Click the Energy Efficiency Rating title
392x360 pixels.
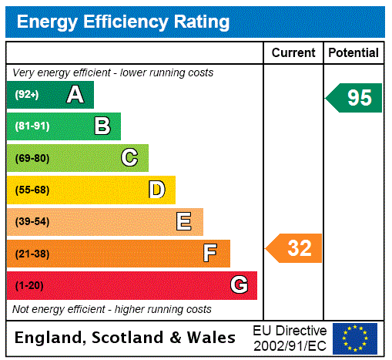tap(123, 22)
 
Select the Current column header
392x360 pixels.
tap(293, 53)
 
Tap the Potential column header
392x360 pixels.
tap(353, 53)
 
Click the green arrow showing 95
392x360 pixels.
tap(355, 98)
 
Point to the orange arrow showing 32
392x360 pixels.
tap(295, 248)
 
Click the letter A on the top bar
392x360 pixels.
tap(75, 95)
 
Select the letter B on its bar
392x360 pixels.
tap(102, 126)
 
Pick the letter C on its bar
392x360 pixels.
tap(129, 158)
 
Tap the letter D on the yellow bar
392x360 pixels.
tap(156, 190)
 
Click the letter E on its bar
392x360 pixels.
tap(184, 222)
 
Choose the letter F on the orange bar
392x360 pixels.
tap(210, 254)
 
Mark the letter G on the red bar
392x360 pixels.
tap(239, 285)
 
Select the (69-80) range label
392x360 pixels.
tap(32, 158)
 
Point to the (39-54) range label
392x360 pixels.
tap(32, 222)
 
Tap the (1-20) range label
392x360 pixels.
tap(29, 285)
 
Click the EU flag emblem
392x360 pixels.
tap(355, 338)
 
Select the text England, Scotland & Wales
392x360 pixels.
tap(126, 338)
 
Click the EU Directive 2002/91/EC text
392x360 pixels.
tap(290, 338)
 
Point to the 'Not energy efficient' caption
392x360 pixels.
tap(112, 309)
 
